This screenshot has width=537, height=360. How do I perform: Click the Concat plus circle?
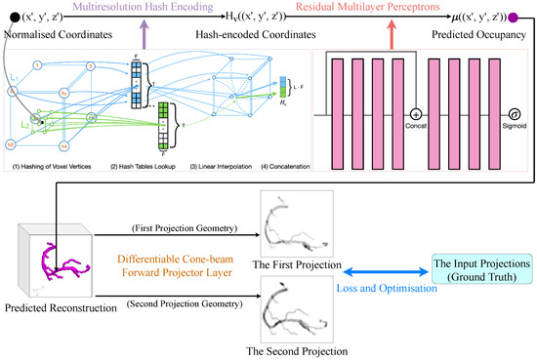tap(414, 139)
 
